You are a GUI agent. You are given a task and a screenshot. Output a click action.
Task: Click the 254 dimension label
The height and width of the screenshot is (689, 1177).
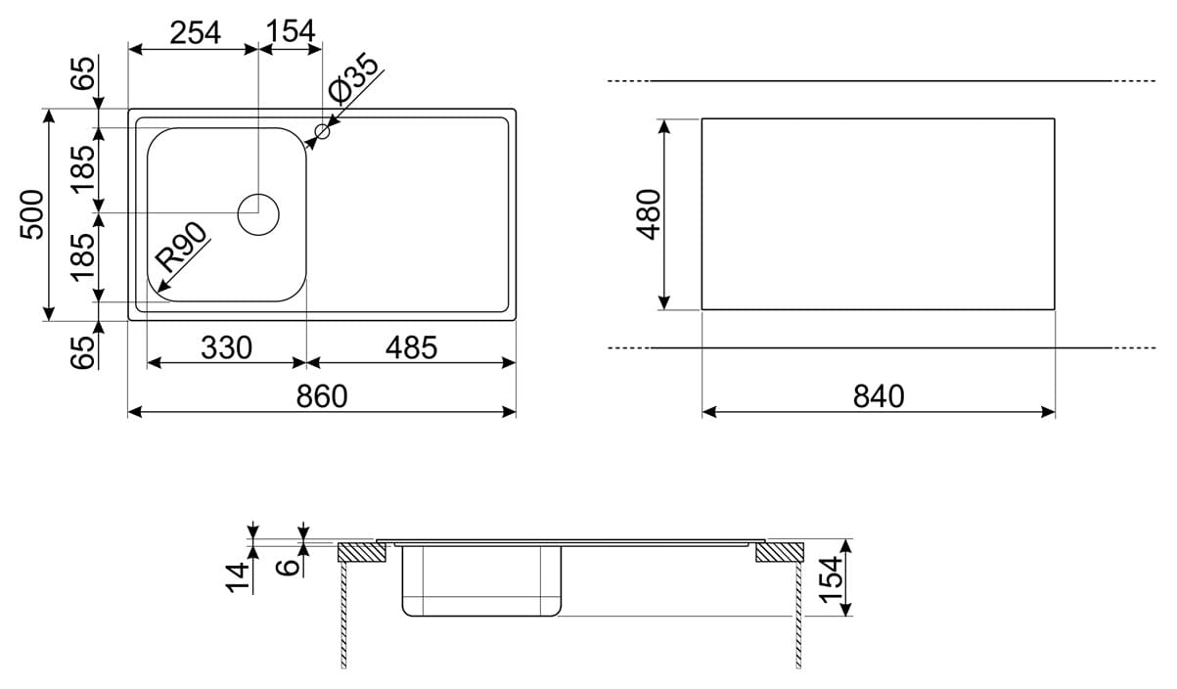pos(195,32)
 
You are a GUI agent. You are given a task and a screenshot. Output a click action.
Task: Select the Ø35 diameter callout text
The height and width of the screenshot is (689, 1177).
pos(353,77)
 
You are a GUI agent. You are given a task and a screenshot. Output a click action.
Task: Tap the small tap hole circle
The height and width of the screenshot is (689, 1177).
pos(322,131)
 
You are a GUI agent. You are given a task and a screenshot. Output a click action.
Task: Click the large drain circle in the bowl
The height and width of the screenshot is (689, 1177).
pos(258,214)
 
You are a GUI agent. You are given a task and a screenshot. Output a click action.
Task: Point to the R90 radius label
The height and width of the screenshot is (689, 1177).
pos(181,247)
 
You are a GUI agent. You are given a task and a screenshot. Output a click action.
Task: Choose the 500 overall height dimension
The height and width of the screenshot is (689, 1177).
pos(31,214)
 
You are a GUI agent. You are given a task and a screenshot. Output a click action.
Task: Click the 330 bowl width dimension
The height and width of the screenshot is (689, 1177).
pos(226,347)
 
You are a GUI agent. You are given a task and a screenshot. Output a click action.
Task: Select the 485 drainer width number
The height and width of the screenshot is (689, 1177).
pos(411,347)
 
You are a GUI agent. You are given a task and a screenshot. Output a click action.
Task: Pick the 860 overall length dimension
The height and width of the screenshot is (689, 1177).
pos(322,396)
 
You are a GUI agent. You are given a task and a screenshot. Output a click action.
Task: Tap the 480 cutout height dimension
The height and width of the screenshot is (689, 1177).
pos(648,214)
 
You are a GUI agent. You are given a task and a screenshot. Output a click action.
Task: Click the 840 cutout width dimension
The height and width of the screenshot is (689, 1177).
pos(879,396)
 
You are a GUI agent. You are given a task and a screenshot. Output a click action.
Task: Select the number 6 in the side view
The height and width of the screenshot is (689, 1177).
pos(288,567)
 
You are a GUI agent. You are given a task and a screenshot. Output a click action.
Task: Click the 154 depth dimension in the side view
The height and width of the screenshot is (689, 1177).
pos(831,579)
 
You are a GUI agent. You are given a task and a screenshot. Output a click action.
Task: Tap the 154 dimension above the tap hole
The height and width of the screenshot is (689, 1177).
pos(291,30)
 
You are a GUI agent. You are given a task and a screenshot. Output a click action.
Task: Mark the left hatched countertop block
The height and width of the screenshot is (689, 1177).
pos(361,552)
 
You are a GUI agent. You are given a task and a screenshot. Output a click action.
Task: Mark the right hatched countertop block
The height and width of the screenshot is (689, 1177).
pos(780,552)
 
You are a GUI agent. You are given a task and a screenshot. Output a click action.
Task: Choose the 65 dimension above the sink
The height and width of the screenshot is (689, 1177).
pos(83,72)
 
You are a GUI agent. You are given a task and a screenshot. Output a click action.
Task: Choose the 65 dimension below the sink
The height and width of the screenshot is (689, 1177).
pos(83,352)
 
